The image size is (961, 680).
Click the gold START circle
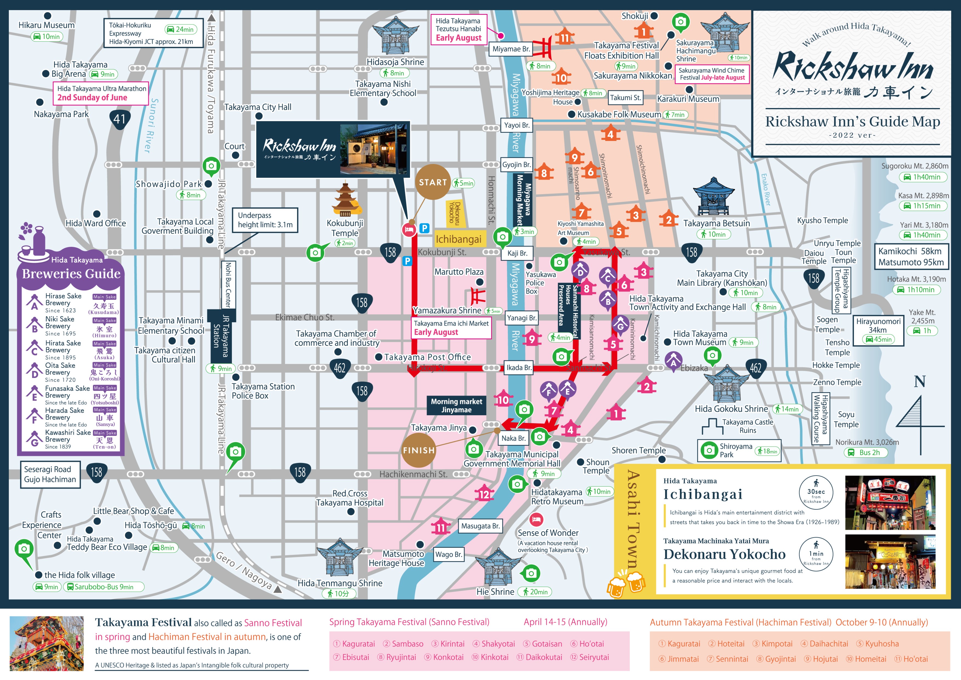click(433, 182)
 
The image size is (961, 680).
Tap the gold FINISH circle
click(418, 450)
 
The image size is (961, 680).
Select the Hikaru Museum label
click(47, 25)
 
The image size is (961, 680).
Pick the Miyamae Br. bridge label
click(511, 49)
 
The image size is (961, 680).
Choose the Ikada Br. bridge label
click(519, 368)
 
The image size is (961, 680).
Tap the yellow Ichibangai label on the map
click(459, 239)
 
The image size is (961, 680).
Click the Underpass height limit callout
click(265, 220)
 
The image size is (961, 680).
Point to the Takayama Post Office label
click(427, 357)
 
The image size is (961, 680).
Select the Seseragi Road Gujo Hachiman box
click(50, 474)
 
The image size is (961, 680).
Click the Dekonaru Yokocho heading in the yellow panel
click(725, 554)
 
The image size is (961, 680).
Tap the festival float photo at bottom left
click(47, 643)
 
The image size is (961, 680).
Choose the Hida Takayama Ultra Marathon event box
click(101, 93)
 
